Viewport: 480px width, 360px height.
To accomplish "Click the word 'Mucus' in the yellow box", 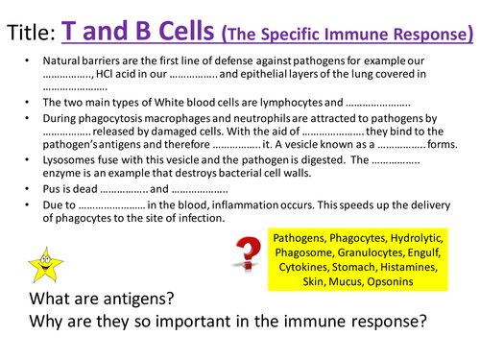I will [x=349, y=282].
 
